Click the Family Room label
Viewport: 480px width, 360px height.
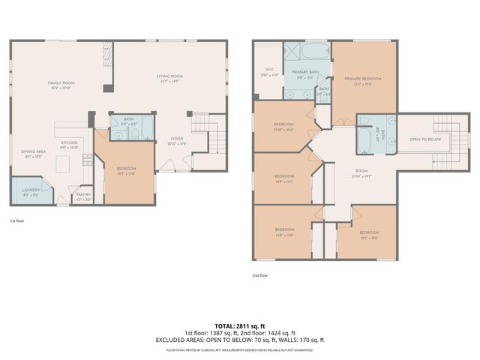click(61, 82)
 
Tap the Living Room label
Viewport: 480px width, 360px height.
click(169, 76)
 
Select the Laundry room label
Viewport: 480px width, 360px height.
click(31, 190)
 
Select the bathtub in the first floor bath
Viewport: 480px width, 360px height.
click(145, 128)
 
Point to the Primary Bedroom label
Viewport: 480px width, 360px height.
click(363, 79)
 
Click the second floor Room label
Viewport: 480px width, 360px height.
click(361, 171)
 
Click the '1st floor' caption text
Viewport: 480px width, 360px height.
click(18, 221)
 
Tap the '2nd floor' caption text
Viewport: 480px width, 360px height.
click(260, 276)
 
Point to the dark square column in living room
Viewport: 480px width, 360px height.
click(109, 88)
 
